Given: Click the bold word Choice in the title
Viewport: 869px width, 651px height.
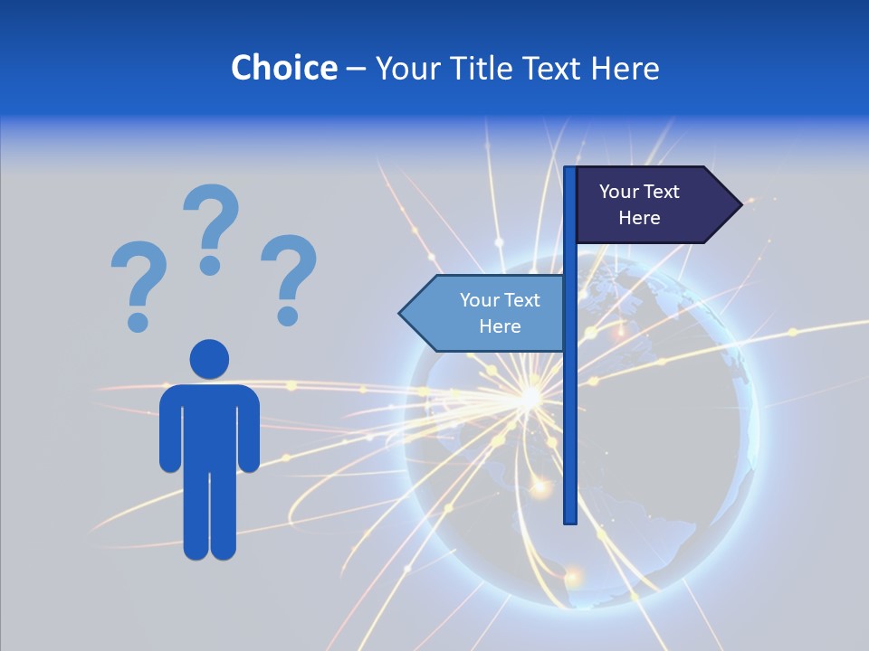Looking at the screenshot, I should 283,68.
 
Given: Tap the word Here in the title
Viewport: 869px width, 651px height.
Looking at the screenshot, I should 625,68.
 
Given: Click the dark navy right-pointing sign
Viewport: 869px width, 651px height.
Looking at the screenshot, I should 647,205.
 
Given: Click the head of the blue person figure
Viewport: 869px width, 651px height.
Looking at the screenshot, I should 209,359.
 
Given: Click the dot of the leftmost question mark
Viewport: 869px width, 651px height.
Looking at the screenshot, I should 138,322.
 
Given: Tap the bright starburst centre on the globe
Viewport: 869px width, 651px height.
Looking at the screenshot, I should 528,396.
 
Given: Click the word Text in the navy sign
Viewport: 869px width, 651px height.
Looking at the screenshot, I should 661,192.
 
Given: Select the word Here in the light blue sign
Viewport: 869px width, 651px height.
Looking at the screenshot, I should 500,326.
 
